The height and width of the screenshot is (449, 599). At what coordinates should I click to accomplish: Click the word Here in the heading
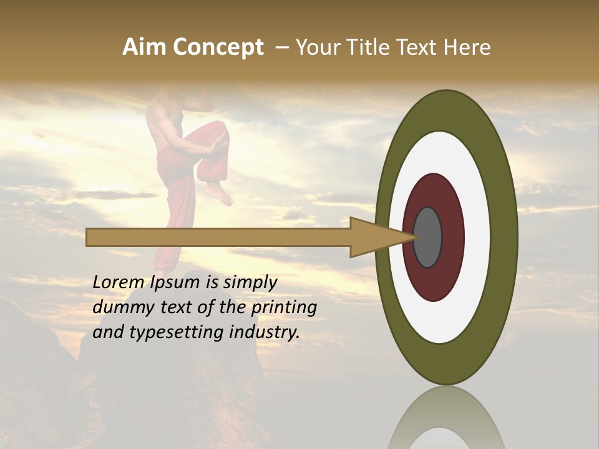(x=467, y=47)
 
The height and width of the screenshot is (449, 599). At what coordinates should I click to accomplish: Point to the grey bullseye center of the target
(x=428, y=237)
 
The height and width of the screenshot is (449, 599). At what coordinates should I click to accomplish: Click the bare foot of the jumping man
(x=220, y=193)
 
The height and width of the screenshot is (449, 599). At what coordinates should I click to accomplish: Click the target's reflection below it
(x=446, y=421)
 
